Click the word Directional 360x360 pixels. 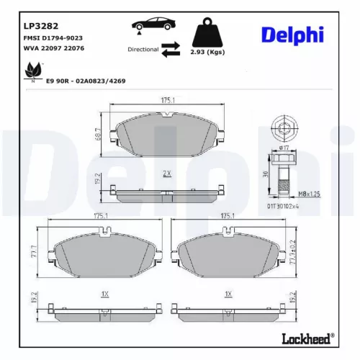point(143,50)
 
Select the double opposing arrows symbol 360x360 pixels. point(171,49)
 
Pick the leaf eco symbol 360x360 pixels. point(32,72)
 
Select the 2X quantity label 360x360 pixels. point(166,174)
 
